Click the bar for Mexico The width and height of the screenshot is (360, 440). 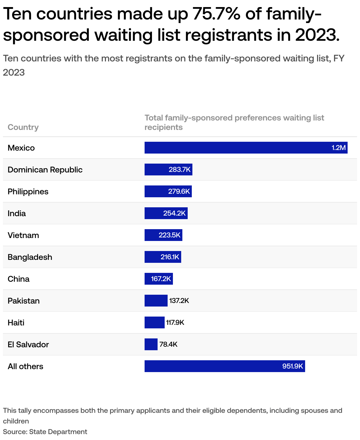click(x=246, y=148)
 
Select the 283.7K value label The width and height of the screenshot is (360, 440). click(x=180, y=170)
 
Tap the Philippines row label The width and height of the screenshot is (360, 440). click(x=28, y=192)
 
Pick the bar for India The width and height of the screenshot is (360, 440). click(x=166, y=213)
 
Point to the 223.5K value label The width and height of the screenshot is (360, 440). click(x=169, y=235)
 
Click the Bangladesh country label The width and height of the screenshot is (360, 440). click(x=30, y=257)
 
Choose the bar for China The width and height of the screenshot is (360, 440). click(x=158, y=279)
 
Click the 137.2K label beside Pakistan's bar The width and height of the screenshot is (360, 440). click(x=179, y=301)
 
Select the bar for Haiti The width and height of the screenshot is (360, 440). click(x=154, y=322)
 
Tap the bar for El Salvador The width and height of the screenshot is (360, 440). click(x=151, y=344)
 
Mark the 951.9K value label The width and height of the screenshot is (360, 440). click(x=292, y=366)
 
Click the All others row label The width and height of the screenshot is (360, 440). click(x=25, y=366)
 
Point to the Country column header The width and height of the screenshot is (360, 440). click(x=23, y=127)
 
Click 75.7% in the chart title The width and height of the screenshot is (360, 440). click(x=216, y=14)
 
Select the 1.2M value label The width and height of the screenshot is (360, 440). click(x=338, y=148)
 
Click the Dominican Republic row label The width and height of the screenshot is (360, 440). click(x=45, y=170)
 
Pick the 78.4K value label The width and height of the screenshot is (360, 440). click(x=168, y=344)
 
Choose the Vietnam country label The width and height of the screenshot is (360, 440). click(x=23, y=235)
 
